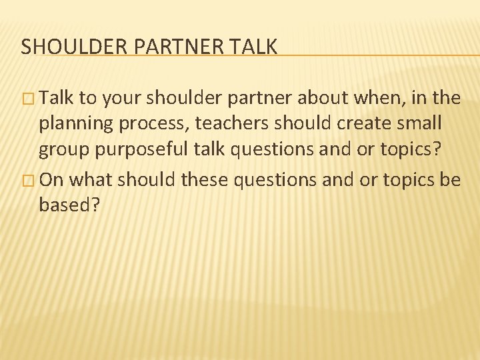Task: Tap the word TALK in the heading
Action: (x=255, y=47)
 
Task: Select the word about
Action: (x=317, y=99)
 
